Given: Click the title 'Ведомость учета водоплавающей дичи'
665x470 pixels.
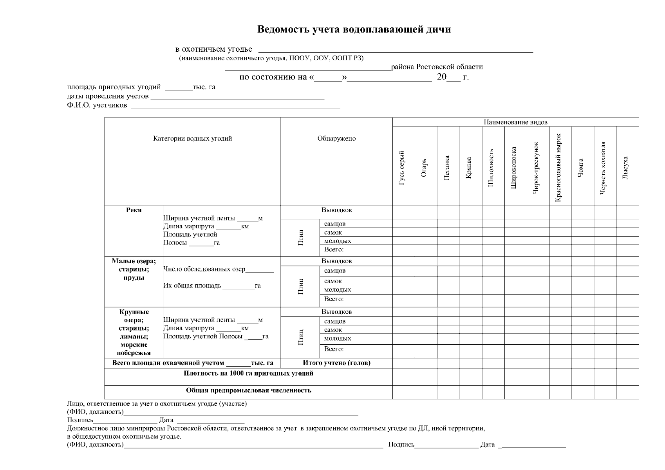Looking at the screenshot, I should (354, 30).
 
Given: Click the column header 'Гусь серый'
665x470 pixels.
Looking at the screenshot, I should (402, 168).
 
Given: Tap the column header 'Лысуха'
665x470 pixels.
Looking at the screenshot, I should (625, 168).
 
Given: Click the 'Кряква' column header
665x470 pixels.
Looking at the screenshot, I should (469, 168).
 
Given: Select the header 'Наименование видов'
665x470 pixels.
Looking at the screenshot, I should (515, 122).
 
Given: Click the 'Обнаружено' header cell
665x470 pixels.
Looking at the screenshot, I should (336, 139).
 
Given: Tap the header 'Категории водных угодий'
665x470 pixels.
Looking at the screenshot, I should (192, 139).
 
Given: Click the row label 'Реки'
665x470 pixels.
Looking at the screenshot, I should (134, 210).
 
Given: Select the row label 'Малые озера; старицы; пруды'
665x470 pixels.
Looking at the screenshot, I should (134, 269).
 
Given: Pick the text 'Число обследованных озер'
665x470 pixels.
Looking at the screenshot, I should (204, 269).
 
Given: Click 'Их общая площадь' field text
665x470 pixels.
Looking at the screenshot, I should (192, 286).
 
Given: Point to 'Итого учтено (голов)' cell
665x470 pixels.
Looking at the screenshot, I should (336, 363).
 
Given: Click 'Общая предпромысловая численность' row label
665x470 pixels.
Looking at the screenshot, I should (248, 390).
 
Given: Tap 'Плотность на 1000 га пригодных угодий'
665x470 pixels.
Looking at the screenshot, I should (248, 374).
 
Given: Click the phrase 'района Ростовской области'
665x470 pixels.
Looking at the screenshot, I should (437, 67).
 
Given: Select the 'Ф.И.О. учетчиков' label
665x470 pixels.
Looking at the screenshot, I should (97, 105).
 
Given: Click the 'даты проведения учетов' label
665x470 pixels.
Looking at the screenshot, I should (108, 96).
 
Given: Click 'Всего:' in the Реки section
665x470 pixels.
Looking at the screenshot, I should (334, 249).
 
